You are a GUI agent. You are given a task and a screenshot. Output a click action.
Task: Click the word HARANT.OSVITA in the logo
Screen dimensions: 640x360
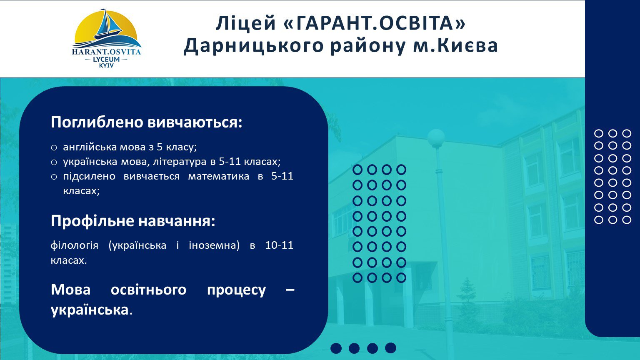106,52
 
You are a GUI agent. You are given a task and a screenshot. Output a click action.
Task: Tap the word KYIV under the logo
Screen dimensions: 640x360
106,66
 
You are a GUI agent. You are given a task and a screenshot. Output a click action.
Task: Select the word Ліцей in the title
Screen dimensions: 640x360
245,23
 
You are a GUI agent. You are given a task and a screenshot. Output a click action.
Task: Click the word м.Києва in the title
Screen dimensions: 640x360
456,46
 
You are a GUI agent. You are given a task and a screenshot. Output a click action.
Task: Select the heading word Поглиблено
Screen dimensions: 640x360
97,122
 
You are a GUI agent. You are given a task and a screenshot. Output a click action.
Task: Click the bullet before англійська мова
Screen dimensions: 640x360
54,148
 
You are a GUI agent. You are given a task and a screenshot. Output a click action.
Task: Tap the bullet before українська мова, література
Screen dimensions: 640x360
54,162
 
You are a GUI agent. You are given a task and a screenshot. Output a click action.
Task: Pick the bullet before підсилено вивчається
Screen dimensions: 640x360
54,177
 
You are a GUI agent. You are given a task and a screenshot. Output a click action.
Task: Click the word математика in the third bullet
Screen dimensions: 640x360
219,176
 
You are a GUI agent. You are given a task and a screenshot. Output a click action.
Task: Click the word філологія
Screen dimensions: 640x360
75,246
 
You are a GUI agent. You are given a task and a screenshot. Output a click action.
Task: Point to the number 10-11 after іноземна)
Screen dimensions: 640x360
279,245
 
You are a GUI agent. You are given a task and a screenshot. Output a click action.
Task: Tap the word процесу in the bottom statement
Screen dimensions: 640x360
236,290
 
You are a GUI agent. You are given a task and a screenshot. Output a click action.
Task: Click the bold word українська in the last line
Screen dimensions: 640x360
90,310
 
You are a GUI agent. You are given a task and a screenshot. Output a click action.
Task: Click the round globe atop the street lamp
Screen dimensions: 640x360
436,138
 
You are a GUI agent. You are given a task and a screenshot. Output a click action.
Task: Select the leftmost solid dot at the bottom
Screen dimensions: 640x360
336,348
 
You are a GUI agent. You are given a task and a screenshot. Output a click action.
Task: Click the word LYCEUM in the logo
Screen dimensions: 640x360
106,60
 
